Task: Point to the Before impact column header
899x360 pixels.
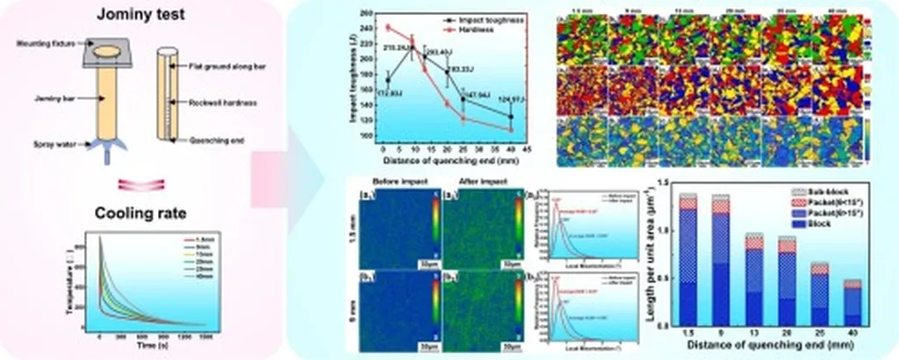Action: [387, 183]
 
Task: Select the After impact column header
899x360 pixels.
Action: [466, 183]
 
